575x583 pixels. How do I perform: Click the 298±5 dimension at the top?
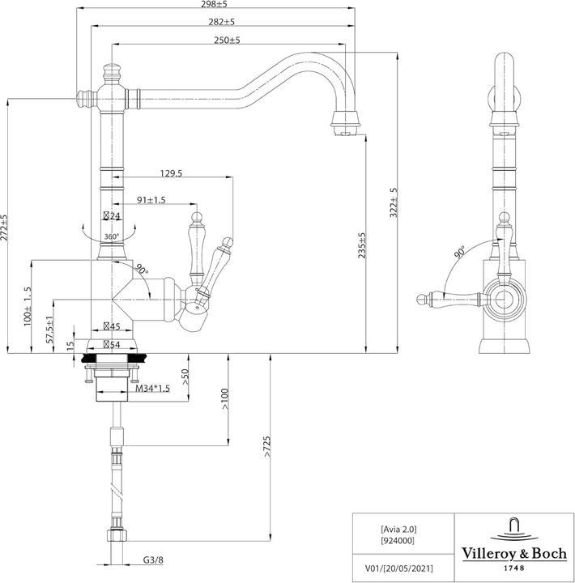215,5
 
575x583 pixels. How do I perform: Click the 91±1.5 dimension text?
151,200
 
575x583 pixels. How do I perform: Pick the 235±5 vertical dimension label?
362,246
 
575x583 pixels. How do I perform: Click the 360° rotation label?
112,236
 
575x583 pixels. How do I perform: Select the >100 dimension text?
224,398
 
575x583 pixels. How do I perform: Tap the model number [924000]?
398,538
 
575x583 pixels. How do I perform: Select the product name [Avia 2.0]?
398,527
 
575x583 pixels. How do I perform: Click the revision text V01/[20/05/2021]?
398,568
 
